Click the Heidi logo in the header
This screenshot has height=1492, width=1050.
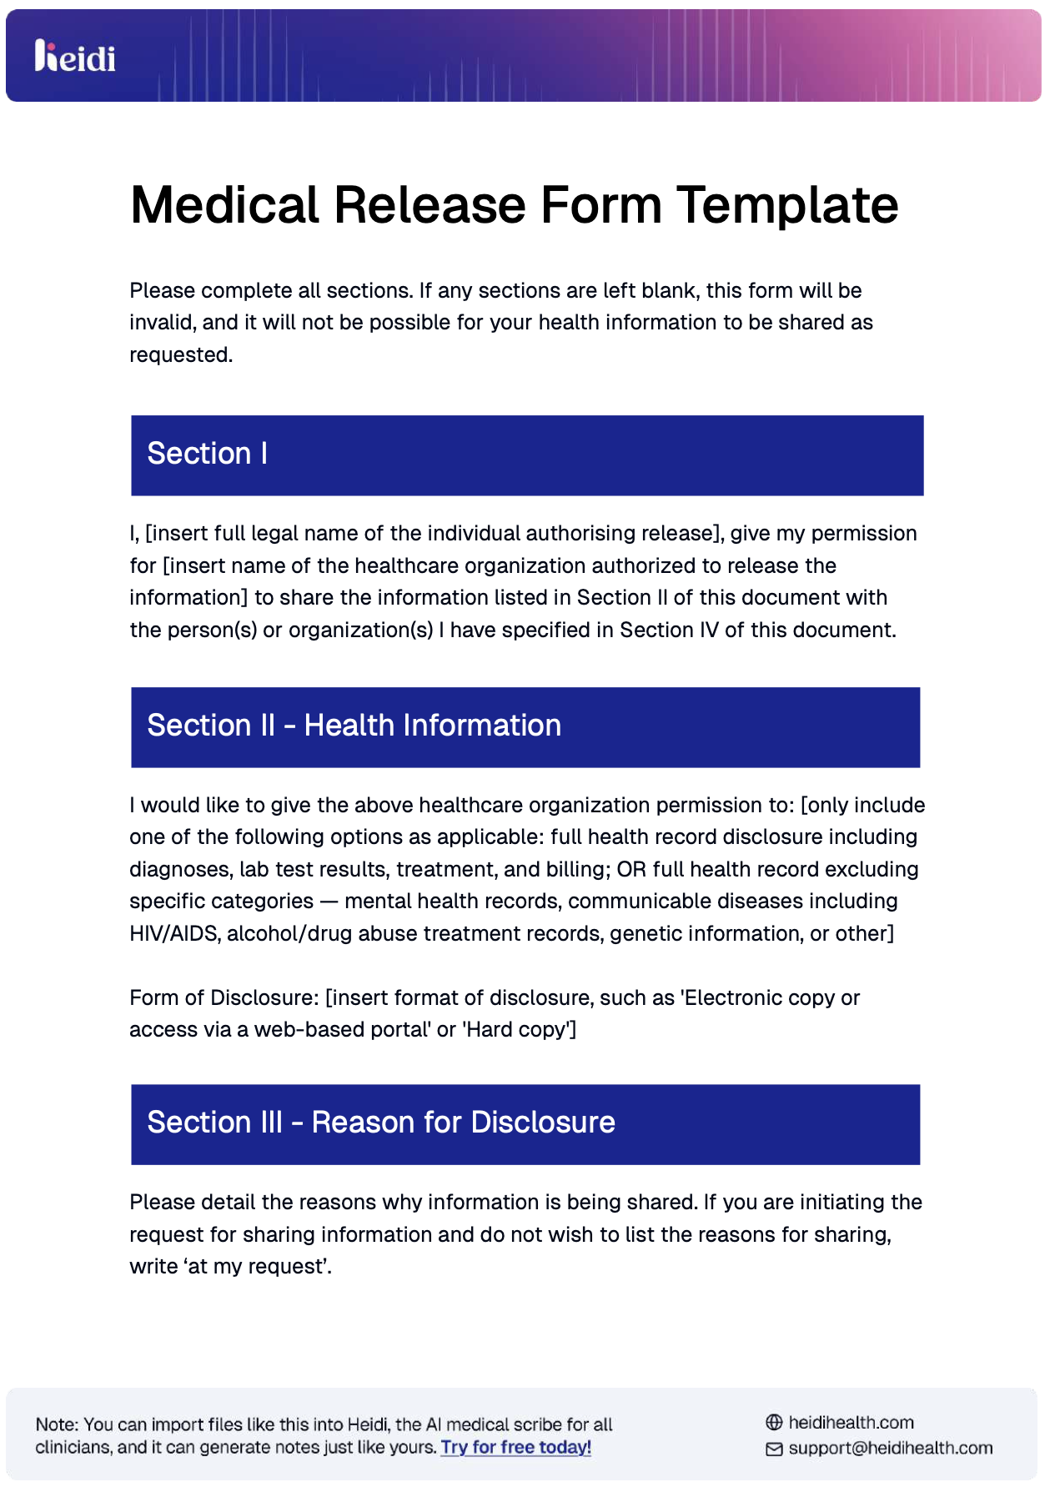pos(75,57)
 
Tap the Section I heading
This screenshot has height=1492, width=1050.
pos(208,454)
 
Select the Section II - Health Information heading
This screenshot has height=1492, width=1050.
pos(354,726)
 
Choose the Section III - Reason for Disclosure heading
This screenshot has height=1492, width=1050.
pos(381,1123)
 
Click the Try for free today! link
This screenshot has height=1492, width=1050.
pos(515,1447)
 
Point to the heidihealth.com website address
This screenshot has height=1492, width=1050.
pos(851,1423)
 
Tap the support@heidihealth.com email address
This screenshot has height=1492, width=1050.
pos(890,1448)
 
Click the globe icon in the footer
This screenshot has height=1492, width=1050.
pos(774,1423)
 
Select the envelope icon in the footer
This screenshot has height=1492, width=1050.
pos(774,1449)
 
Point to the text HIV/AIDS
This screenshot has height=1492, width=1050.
pos(173,934)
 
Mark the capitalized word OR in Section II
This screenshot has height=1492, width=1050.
pos(631,870)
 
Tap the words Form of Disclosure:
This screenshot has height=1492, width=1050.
pos(224,998)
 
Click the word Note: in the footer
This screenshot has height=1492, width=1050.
pos(57,1424)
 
